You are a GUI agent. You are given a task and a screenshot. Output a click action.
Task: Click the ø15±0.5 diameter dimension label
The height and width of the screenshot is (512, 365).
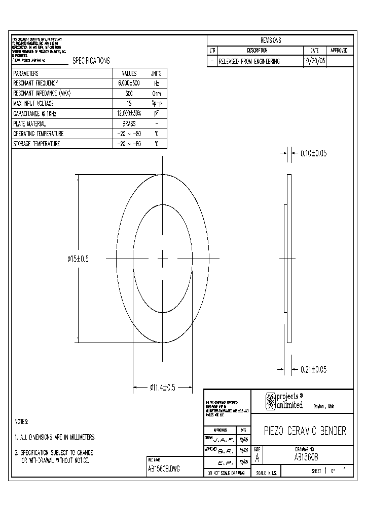pyautogui.click(x=78, y=259)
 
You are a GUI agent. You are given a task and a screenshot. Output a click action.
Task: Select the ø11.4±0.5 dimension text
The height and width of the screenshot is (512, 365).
pyautogui.click(x=162, y=388)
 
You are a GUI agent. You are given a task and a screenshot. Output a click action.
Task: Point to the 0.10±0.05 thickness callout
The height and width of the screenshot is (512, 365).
pyautogui.click(x=314, y=152)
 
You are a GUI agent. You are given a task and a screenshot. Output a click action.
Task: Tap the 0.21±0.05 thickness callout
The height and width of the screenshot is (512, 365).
pyautogui.click(x=314, y=370)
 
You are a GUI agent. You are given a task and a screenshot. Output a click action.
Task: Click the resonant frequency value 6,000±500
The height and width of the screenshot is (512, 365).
pyautogui.click(x=129, y=83)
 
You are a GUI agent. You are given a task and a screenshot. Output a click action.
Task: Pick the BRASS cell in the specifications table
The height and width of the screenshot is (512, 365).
pyautogui.click(x=129, y=123)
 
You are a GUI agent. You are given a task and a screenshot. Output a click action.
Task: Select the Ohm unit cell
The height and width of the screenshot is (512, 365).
pyautogui.click(x=156, y=93)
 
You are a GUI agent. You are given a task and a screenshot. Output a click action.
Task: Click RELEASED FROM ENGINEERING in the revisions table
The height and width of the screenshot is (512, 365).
pyautogui.click(x=249, y=61)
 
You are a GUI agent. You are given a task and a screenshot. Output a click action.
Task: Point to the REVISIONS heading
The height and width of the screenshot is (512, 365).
pyautogui.click(x=271, y=40)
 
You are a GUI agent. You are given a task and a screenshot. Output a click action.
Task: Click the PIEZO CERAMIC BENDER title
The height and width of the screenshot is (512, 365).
pyautogui.click(x=305, y=431)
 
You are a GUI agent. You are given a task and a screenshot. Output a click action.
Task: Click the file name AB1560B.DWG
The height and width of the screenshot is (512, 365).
pyautogui.click(x=163, y=468)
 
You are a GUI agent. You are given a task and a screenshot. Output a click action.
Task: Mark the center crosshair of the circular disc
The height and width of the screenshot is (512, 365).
pyautogui.click(x=162, y=259)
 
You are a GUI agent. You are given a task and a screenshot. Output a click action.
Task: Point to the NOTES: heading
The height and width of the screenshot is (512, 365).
pyautogui.click(x=21, y=421)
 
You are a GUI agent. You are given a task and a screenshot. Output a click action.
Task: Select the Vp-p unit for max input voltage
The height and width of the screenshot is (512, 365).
pyautogui.click(x=156, y=103)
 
